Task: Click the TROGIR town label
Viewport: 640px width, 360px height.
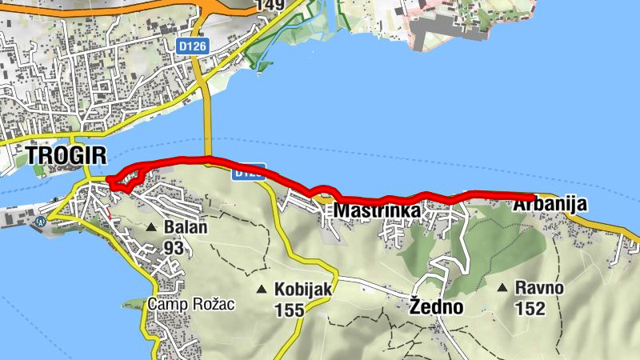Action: tap(55, 155)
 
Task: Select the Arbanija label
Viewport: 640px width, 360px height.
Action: tap(550, 205)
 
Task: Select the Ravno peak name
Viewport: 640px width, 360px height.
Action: tap(539, 288)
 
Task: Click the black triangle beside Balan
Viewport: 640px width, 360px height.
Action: tap(150, 228)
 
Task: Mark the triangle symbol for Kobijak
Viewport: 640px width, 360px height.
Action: tap(261, 289)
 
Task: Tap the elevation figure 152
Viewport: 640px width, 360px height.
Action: tap(530, 309)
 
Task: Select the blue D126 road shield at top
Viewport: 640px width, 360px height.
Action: tap(193, 46)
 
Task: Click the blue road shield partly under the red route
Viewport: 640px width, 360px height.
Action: tap(249, 172)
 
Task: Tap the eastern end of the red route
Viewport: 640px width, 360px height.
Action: tap(532, 195)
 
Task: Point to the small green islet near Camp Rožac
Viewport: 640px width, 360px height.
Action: tap(133, 305)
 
